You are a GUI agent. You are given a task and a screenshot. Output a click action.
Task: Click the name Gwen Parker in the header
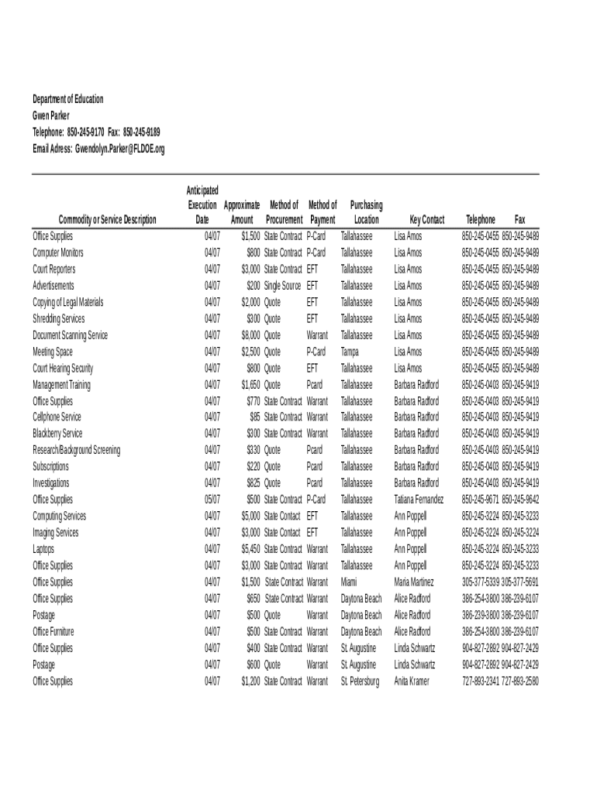click(51, 116)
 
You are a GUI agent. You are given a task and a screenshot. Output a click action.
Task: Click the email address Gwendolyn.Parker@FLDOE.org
click(119, 149)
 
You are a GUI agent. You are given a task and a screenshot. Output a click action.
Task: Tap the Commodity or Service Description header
click(108, 220)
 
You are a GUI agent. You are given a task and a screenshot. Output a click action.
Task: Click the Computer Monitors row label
click(58, 252)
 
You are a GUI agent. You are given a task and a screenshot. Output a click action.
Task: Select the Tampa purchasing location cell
click(351, 352)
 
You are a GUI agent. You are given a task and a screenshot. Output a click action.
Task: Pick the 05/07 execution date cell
click(212, 499)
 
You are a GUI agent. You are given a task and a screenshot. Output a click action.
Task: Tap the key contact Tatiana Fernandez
click(419, 499)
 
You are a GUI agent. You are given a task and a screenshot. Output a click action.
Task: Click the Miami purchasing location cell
click(349, 582)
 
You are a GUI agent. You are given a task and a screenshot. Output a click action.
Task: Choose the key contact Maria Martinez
click(414, 582)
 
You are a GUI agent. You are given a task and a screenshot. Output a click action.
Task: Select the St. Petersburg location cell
click(360, 681)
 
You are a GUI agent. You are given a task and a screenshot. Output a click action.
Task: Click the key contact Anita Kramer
click(411, 681)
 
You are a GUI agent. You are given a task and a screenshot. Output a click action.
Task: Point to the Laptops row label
click(43, 549)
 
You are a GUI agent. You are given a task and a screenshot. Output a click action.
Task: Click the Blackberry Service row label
click(57, 434)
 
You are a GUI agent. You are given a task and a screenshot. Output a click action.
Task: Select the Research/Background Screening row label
click(76, 450)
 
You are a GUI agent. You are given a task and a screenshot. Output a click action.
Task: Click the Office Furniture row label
click(53, 632)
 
